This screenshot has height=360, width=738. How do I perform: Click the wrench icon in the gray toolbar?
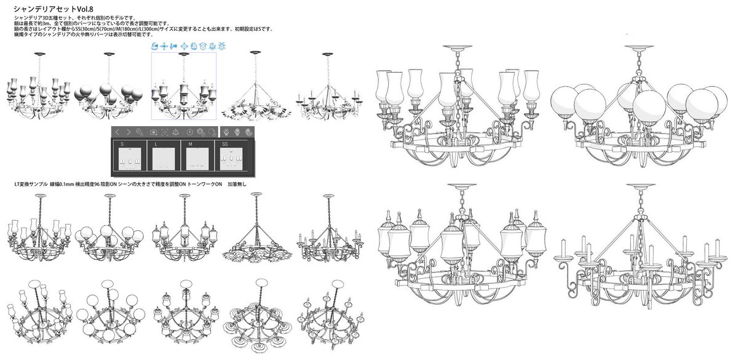(x=140, y=132)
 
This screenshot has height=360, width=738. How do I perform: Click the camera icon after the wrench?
(x=154, y=132)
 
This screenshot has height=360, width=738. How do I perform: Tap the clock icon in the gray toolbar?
(x=191, y=132)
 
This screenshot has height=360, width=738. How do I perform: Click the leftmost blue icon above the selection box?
(x=155, y=47)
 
